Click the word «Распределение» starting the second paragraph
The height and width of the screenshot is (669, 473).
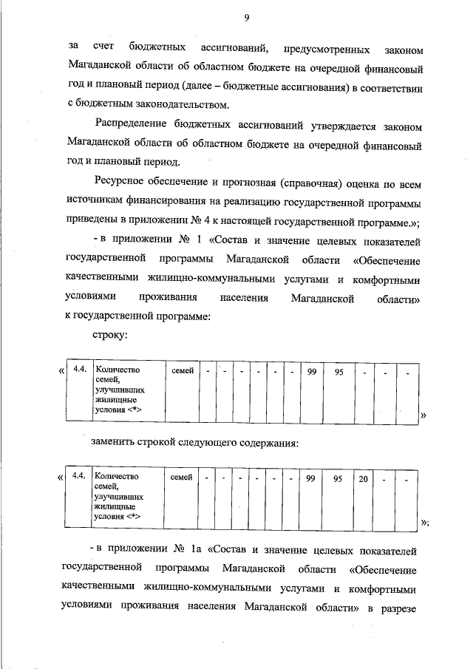pos(133,123)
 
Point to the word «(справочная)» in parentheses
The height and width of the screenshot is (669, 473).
pos(311,181)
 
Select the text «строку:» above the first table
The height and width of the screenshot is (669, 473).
pos(111,334)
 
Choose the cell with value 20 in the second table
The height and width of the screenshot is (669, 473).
pos(364,478)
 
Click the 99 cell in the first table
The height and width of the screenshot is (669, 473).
pos(313,370)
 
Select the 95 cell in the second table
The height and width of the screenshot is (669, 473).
pos(337,478)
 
